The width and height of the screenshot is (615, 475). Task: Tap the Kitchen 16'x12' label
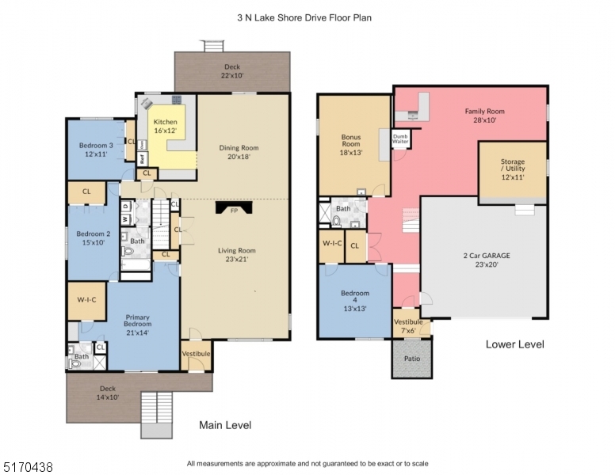166,124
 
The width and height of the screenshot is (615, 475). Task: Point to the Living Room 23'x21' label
238,254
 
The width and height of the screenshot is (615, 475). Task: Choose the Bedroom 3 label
96,150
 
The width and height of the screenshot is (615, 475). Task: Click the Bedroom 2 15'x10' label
94,237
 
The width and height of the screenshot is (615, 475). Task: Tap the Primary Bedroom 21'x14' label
137,326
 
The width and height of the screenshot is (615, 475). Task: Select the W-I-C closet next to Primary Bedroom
86,300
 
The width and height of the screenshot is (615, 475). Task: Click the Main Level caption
225,425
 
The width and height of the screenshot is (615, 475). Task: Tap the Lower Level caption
515,344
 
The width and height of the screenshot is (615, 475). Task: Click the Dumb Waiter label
401,139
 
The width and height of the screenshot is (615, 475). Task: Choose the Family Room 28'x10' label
484,116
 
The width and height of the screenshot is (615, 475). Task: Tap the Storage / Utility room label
512,170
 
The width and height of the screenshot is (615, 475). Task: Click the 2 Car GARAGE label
486,260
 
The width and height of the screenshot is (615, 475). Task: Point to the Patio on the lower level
411,358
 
